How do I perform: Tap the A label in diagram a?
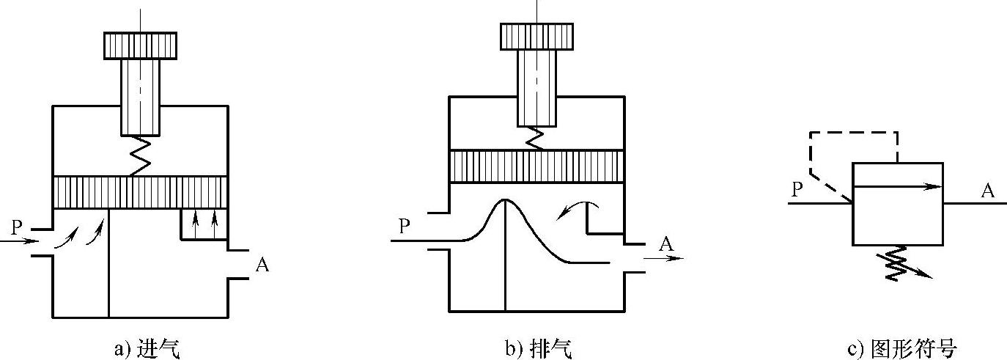coord(262,265)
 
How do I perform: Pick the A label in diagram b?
coord(665,243)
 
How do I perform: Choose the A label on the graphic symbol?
coord(988,191)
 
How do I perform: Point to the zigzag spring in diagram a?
coord(140,156)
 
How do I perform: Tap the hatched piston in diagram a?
coord(140,191)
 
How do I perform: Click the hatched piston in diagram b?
coord(536,166)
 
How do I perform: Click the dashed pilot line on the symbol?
coord(850,133)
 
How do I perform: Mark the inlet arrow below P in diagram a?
coord(17,240)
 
